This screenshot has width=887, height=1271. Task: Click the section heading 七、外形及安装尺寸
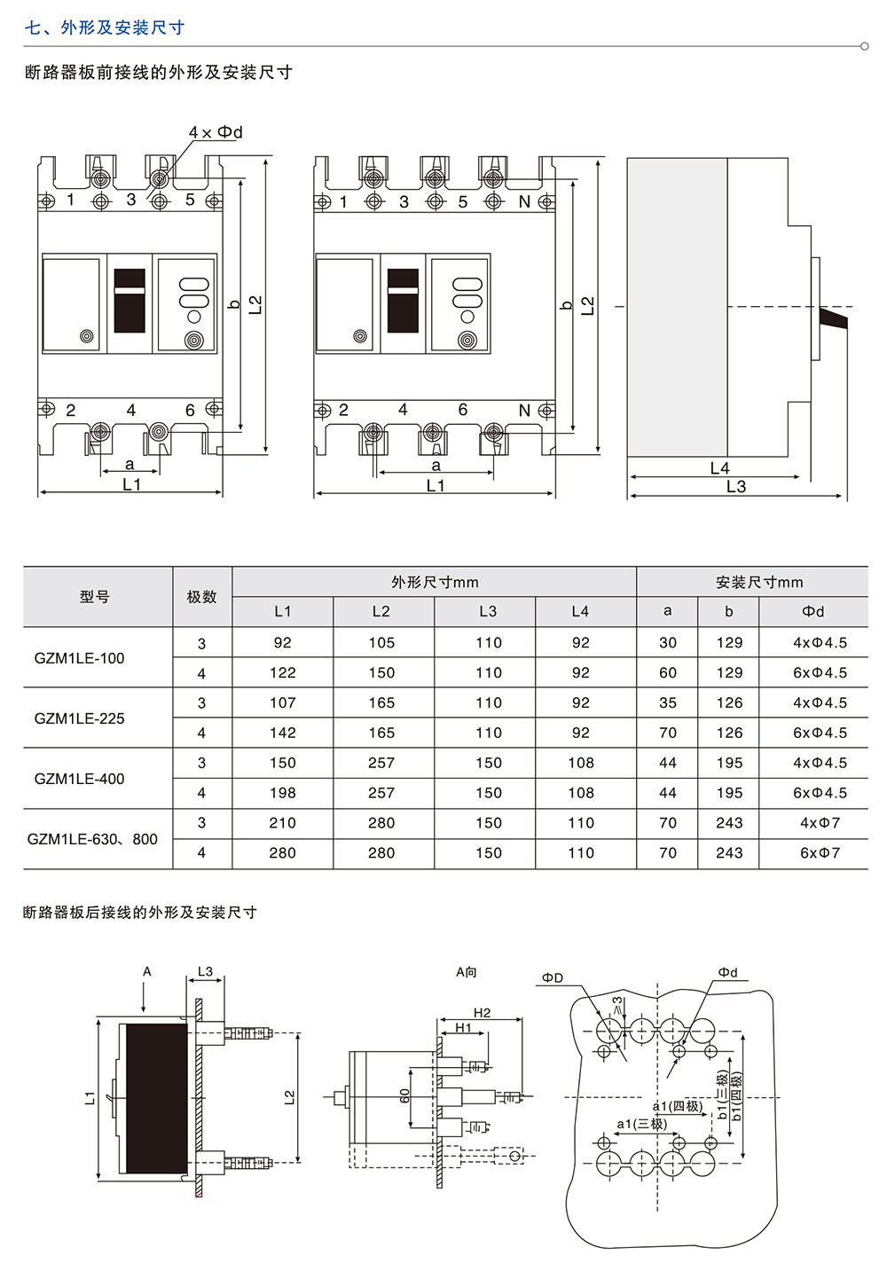tap(105, 27)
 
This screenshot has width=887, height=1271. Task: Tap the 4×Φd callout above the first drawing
tap(216, 132)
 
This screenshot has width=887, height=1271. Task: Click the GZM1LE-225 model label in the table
tap(79, 718)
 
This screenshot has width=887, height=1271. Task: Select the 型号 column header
tap(95, 597)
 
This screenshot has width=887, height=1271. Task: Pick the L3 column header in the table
tap(488, 611)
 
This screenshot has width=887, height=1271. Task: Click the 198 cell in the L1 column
tap(282, 793)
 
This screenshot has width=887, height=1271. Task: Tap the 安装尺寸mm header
tap(759, 583)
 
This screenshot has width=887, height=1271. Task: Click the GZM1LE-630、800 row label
tap(92, 839)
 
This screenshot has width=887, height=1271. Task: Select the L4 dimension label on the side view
tap(719, 468)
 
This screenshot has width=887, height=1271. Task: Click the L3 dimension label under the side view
tap(736, 487)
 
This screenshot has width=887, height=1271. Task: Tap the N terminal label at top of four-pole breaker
tap(524, 202)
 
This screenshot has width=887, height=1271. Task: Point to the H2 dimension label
tap(482, 1013)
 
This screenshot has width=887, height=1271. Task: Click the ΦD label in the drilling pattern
tap(553, 977)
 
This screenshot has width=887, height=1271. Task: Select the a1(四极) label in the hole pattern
tap(678, 1106)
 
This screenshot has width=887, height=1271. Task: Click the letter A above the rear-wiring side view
tap(147, 972)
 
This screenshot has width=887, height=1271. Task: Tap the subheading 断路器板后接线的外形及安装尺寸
tap(140, 912)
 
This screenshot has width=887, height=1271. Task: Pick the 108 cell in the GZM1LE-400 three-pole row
tap(580, 763)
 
